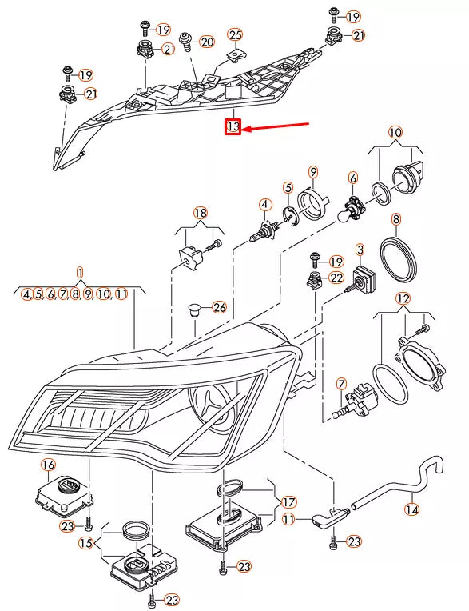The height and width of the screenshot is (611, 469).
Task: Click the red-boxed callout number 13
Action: click(x=233, y=127)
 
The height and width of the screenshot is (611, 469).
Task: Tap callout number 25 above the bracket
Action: click(x=235, y=34)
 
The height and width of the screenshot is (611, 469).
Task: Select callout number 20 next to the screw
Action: click(x=206, y=42)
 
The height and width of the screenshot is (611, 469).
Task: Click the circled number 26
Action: click(x=219, y=308)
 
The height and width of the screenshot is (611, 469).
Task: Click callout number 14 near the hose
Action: click(x=411, y=509)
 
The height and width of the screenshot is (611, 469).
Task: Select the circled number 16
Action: click(x=48, y=465)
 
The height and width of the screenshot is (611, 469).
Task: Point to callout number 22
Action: click(x=336, y=278)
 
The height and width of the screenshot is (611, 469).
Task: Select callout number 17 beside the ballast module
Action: click(x=288, y=502)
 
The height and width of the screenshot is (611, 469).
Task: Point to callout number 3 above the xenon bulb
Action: click(x=360, y=250)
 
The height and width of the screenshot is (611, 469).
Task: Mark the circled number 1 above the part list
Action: click(x=80, y=272)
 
